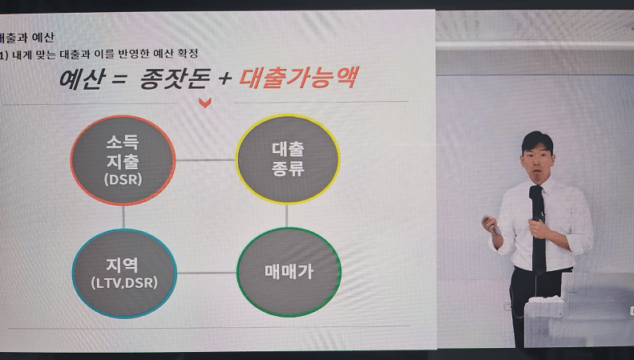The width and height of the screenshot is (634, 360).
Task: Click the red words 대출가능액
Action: pos(298,78)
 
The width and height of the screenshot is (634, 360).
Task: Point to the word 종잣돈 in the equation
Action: pos(175,79)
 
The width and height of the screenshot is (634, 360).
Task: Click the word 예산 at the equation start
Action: pos(83,79)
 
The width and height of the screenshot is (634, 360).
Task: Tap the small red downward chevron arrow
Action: pos(205,103)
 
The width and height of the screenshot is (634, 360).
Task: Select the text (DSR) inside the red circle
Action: pos(123,180)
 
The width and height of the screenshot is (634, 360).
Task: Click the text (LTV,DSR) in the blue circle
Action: pos(124,283)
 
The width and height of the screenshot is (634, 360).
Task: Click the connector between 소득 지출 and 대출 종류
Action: pos(205,160)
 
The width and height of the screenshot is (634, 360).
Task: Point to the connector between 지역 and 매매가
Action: pos(207,273)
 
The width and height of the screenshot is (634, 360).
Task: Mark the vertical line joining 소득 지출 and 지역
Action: pos(123,217)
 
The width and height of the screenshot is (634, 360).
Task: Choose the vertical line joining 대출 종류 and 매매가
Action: pos(287,216)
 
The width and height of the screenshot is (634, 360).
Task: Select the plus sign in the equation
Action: pos(224,79)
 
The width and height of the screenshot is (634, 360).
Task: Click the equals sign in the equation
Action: pos(119,79)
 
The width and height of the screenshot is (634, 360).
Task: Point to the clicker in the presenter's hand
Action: pos(491,224)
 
